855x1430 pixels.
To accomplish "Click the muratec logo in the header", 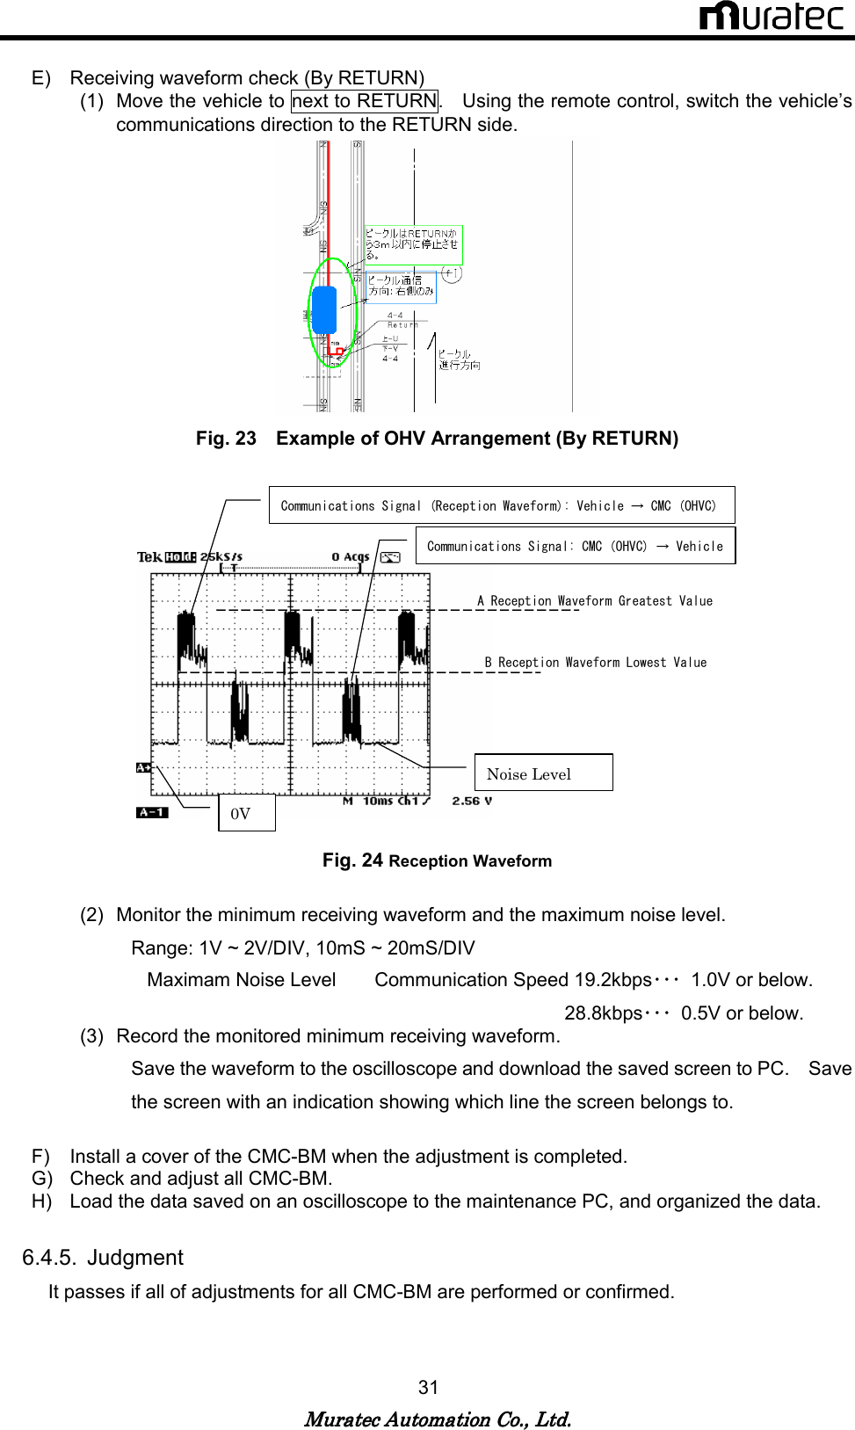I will tap(771, 17).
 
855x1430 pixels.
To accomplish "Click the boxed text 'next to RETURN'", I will tap(365, 101).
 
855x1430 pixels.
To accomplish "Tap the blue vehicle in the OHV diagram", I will tap(324, 309).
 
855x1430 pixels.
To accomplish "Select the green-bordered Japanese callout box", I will tap(413, 244).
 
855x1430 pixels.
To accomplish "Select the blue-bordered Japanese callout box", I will tap(401, 287).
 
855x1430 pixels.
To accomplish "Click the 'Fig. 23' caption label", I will tap(226, 439).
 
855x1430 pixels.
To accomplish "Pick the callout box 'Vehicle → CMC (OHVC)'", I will tap(501, 505).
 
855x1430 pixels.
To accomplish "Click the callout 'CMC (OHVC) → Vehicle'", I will tap(575, 546).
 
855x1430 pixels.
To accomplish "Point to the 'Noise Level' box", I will tap(543, 773).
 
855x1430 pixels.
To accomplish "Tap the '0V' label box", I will tap(246, 813).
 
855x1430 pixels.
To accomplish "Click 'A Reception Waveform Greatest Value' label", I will tap(595, 601).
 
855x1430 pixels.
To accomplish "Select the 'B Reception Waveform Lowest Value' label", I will tap(595, 663).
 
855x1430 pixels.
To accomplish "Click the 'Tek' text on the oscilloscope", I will tap(149, 556).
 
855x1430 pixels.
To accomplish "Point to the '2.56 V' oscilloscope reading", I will tap(472, 801).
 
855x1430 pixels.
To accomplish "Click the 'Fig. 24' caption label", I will tap(352, 860).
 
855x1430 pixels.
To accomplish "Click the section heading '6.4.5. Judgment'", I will tap(103, 1258).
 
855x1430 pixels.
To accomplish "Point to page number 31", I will tap(428, 1388).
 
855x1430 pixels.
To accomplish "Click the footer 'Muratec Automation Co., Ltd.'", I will tap(438, 1419).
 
